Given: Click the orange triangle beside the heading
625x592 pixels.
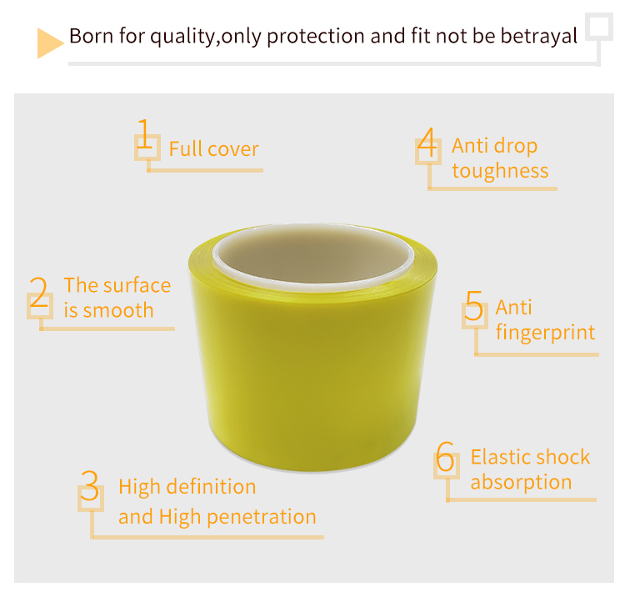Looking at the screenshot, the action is (x=49, y=43).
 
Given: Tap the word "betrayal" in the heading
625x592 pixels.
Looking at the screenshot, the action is (x=539, y=36).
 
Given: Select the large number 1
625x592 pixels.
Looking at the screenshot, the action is (x=145, y=133).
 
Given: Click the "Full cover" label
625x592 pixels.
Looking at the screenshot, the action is (x=214, y=149).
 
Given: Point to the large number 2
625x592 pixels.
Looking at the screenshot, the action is (x=39, y=292).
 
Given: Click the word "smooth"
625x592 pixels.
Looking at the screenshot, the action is (x=118, y=310).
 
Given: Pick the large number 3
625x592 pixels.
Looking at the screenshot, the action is (x=89, y=485).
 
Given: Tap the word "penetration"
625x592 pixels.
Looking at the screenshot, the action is (x=262, y=517).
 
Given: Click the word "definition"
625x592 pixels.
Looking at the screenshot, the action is (x=211, y=487).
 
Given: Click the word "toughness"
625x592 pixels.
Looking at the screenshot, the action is (x=500, y=171).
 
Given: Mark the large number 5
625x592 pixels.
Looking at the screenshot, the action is (x=473, y=305).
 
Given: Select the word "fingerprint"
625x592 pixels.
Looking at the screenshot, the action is (x=545, y=333).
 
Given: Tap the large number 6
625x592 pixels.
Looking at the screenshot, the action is (x=445, y=457).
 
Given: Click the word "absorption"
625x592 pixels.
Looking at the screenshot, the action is (x=522, y=482).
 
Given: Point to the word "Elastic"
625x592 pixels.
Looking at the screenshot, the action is (x=500, y=457).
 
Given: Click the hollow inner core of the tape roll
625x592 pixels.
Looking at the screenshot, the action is (x=313, y=254).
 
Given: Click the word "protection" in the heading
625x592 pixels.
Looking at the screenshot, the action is (x=315, y=37).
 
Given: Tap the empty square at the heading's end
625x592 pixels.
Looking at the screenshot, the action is (x=598, y=27).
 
